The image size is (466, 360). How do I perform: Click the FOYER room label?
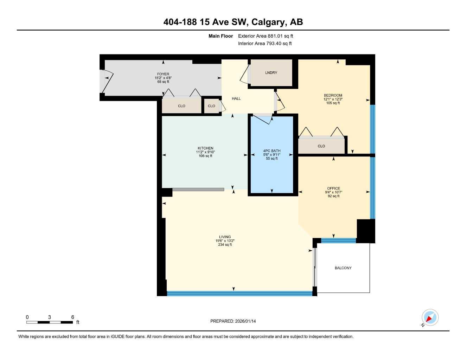163,74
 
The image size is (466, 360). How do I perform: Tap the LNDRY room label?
271,73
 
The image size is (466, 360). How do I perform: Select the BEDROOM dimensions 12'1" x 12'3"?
333,99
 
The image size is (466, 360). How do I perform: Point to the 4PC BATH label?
272,151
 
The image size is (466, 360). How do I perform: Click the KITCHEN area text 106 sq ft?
205,156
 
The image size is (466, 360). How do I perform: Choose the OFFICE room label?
333,188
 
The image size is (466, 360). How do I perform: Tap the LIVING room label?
225,237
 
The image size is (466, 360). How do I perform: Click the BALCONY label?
343,268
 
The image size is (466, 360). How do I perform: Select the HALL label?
236,99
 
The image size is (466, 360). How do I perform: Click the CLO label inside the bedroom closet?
321,146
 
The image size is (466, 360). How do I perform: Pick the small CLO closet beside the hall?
211,106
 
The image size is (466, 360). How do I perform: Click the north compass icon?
430,318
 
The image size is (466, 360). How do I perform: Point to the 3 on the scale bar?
50,317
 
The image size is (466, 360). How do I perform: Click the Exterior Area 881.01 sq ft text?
266,36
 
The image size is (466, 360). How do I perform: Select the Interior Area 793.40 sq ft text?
265,44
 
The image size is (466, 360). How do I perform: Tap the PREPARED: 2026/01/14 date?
233,321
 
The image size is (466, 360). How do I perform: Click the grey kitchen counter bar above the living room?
198,189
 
